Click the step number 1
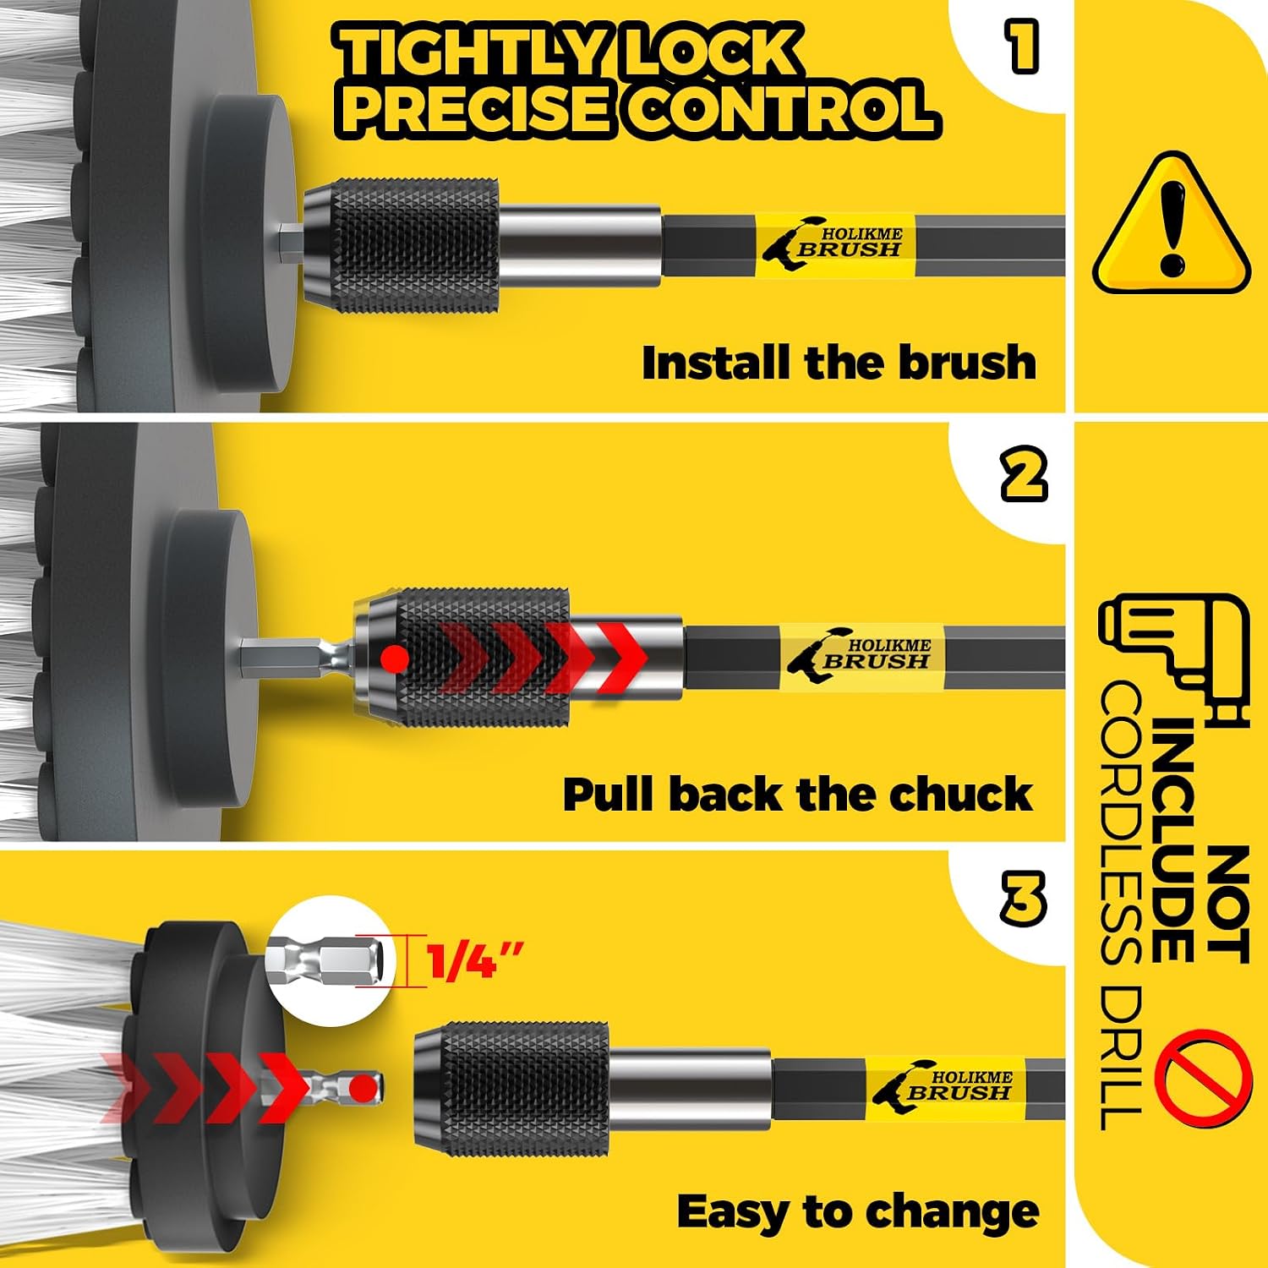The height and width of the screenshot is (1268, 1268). [x=1022, y=46]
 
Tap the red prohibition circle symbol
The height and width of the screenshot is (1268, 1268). [x=1202, y=1073]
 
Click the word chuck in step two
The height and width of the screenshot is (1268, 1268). [x=959, y=795]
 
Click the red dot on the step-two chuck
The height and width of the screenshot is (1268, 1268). [x=395, y=658]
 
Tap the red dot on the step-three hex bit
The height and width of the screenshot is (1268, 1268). [x=363, y=1087]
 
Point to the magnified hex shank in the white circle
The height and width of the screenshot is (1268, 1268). [x=330, y=960]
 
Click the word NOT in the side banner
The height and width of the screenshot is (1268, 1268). [x=1227, y=905]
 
